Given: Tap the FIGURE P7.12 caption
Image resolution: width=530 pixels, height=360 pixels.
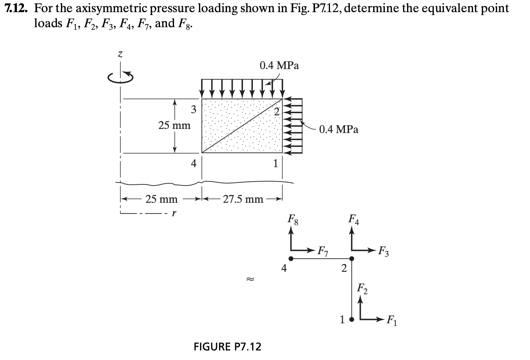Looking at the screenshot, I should (x=227, y=346).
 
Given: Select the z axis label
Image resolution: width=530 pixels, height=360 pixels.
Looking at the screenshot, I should (x=119, y=55).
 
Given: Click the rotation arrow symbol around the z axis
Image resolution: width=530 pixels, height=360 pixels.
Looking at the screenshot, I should (x=120, y=77).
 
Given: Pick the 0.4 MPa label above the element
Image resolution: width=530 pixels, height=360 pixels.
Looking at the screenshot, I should (x=279, y=66).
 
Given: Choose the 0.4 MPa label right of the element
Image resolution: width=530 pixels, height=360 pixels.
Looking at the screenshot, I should (x=338, y=129).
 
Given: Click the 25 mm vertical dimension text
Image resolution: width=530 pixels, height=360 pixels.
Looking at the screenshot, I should (x=174, y=126).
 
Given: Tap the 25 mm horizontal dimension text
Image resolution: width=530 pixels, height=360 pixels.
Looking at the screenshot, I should (x=161, y=199).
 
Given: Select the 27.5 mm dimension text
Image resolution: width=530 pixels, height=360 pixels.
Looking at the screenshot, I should (x=243, y=199).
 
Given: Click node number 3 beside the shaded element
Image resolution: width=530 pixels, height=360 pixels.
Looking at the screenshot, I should (x=193, y=109).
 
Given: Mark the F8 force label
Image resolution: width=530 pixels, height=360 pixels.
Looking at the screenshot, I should (x=293, y=221).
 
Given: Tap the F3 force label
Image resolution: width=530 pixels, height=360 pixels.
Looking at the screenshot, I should (x=384, y=253).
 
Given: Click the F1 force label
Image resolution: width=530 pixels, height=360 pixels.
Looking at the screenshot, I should (x=392, y=322).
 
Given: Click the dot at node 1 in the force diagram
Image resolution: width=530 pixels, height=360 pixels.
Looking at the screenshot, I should (x=352, y=319).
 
